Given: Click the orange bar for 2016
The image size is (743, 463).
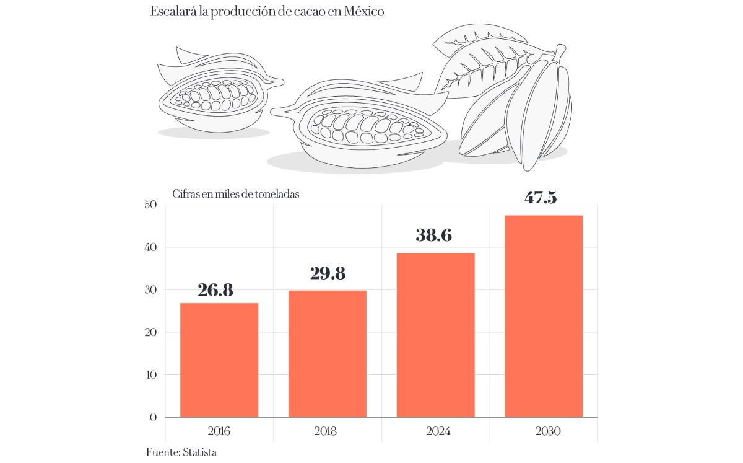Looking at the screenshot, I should coord(219,359).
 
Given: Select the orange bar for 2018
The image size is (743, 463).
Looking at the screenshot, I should coord(328,353).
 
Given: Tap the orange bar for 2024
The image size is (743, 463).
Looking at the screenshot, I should coord(436,335).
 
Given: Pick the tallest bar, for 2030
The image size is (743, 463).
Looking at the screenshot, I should coord(544,316).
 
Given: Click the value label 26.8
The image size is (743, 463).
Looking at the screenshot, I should coord(215,290).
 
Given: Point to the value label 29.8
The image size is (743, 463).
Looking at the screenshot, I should coord(328,273).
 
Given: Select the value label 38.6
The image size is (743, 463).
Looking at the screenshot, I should coord(434,236).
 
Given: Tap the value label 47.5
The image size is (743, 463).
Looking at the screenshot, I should coord(541,198).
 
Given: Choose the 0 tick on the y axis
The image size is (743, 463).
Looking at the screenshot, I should coord(153,417).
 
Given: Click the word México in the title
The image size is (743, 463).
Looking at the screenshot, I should coord(365,12).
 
